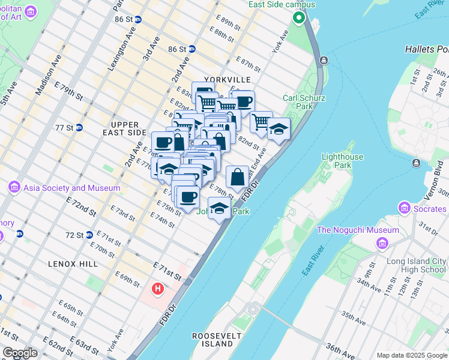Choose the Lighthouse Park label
[343, 160]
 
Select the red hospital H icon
[158, 289]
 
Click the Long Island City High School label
[416, 265]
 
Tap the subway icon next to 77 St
[78, 128]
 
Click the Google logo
[20, 353]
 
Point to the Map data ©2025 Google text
[411, 355]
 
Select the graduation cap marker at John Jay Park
[220, 208]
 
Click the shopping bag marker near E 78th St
[238, 177]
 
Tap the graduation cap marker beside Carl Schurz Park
[279, 129]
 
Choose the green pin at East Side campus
[298, 17]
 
